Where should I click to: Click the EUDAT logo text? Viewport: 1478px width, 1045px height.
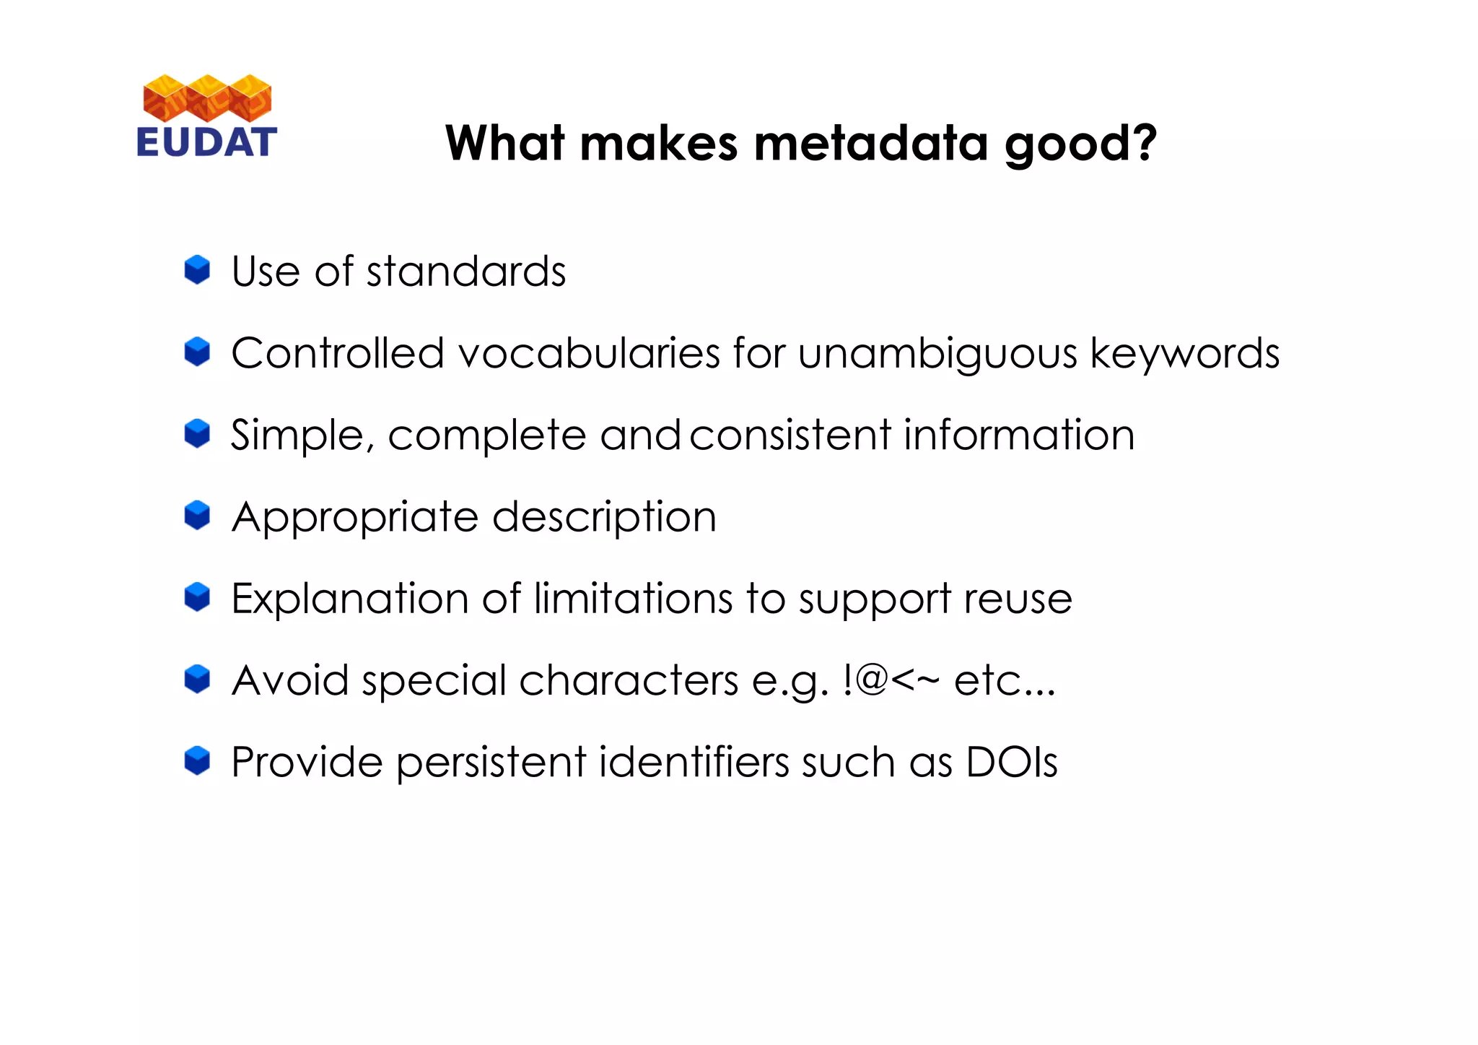(206, 142)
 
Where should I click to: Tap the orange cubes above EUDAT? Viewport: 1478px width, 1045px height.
(207, 97)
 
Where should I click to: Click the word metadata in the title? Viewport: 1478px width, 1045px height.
(870, 143)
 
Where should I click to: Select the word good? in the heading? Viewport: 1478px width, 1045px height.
(1080, 144)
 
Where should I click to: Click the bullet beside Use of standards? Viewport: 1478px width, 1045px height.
(197, 270)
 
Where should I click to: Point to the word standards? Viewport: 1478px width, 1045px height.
(465, 272)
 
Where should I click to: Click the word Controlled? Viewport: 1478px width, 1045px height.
(337, 353)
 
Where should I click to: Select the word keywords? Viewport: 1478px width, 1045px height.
(1184, 355)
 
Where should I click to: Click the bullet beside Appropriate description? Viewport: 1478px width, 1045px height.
(197, 516)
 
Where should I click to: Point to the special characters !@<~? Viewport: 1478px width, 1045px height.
(891, 680)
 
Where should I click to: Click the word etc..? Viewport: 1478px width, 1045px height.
(1004, 681)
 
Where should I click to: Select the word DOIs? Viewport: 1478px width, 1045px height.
(1011, 762)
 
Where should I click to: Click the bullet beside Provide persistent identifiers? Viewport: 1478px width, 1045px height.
(197, 761)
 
